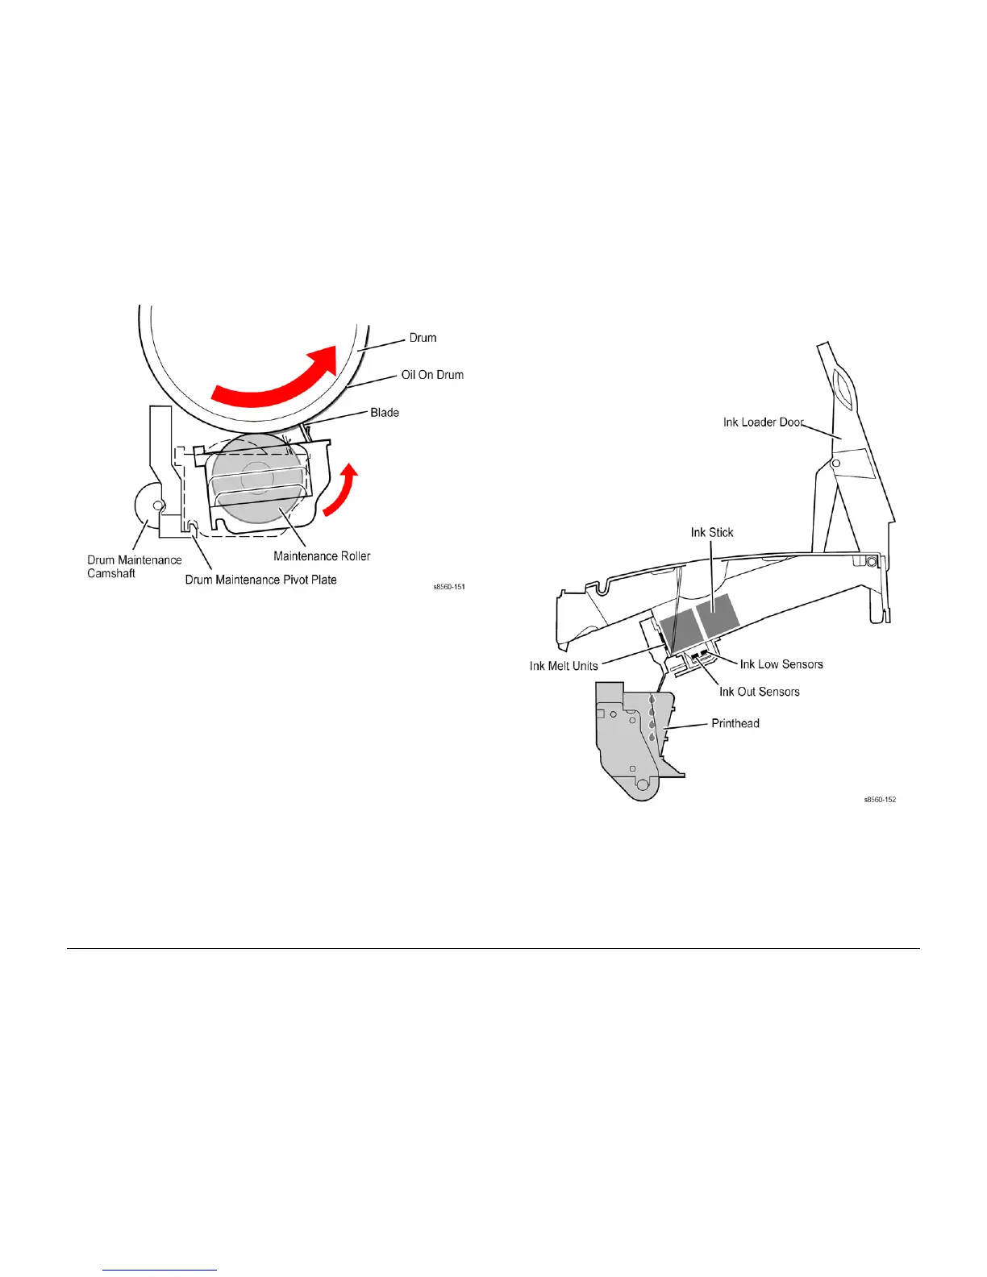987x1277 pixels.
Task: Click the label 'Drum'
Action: point(423,338)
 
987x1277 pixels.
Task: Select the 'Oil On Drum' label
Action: point(432,375)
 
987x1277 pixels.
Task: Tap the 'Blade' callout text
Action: point(385,413)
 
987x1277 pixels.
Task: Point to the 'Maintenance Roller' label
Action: point(322,556)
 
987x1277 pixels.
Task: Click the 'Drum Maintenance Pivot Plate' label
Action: point(260,580)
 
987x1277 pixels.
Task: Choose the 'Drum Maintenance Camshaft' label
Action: point(134,567)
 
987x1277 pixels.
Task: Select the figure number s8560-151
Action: point(449,587)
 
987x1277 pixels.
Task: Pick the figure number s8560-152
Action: point(880,800)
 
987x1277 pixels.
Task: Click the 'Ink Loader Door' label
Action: point(763,422)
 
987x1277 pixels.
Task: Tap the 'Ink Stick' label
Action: point(712,533)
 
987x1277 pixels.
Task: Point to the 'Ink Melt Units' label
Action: point(564,666)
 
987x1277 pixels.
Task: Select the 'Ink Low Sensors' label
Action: point(781,664)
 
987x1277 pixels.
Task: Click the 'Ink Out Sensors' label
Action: point(760,692)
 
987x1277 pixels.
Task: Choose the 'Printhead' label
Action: point(735,723)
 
